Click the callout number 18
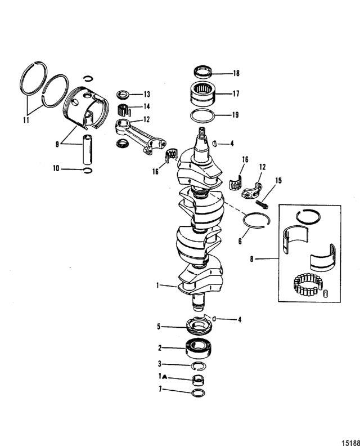coord(235,73)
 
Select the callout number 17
coord(235,94)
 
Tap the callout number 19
coord(235,115)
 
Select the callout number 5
coord(159,325)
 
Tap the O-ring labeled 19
coord(202,117)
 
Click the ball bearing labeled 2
coord(199,348)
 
